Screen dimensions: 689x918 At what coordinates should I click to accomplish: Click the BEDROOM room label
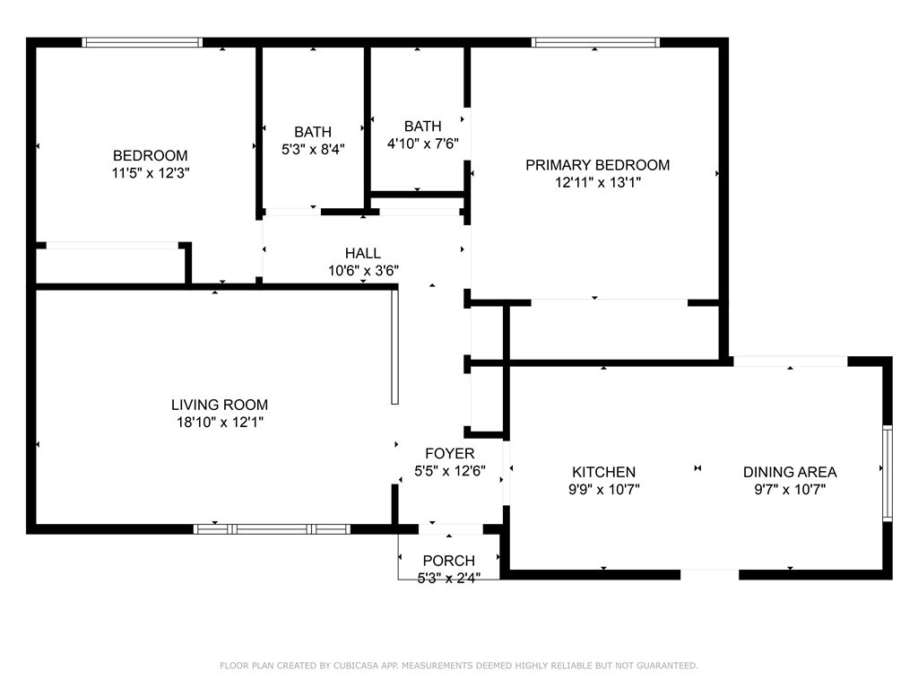click(150, 155)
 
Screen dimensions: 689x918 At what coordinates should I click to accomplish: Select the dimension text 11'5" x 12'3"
click(150, 172)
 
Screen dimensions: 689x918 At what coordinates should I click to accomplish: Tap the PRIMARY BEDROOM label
click(597, 165)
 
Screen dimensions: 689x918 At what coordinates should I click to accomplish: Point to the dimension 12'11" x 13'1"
click(597, 182)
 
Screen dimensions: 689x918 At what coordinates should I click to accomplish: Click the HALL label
click(362, 253)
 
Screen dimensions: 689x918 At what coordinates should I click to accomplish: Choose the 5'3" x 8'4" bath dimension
click(312, 149)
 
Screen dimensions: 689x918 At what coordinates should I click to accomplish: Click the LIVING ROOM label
click(220, 405)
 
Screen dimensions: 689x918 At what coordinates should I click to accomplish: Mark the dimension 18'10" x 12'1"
click(220, 422)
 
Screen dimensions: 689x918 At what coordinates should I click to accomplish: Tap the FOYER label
click(450, 454)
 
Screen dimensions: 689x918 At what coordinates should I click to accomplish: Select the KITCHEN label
click(604, 472)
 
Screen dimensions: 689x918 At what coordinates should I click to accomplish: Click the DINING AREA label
click(790, 472)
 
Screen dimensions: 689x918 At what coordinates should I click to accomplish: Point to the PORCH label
click(449, 561)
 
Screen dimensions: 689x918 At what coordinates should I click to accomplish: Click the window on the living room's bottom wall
click(272, 529)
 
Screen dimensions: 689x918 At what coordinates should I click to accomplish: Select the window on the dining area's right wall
click(887, 473)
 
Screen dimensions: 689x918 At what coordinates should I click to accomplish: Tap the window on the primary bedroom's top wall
click(595, 42)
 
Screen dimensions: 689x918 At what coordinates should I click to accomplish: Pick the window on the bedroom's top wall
click(143, 42)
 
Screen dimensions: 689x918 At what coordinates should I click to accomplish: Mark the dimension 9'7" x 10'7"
click(790, 489)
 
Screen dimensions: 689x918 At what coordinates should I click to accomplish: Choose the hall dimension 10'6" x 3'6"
click(362, 270)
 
